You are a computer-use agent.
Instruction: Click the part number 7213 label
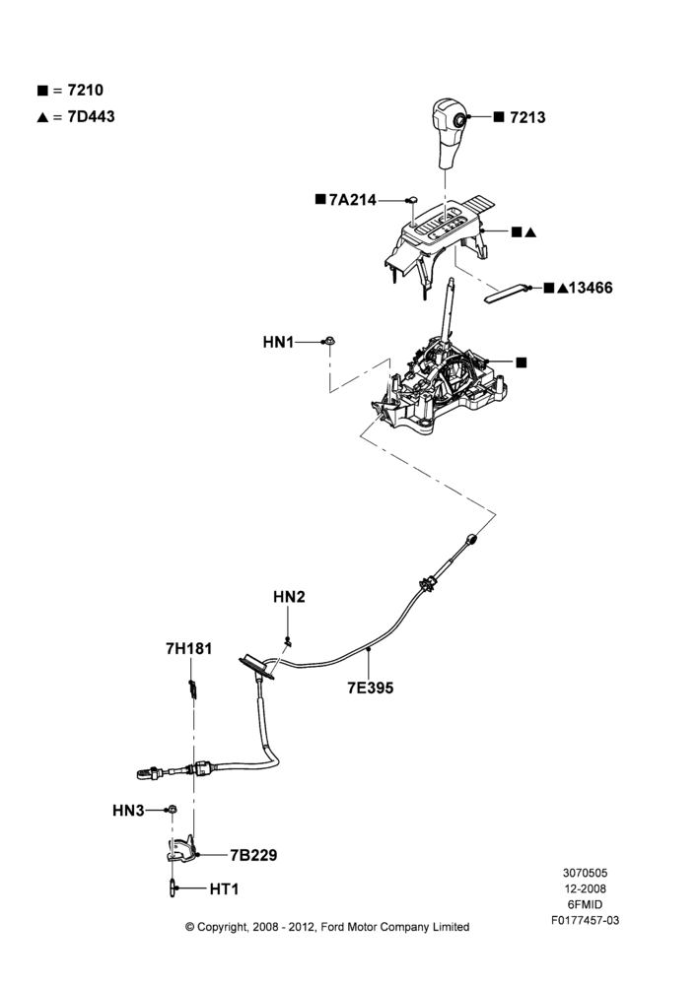527,117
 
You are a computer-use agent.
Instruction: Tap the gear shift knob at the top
451,133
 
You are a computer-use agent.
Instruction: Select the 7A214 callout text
352,200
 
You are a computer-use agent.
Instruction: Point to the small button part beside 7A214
412,200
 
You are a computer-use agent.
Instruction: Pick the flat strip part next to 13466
506,293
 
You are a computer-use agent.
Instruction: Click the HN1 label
278,343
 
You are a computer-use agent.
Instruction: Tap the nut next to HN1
329,342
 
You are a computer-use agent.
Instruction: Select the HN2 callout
289,597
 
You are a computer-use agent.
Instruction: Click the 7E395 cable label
371,688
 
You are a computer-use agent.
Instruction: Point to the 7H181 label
188,648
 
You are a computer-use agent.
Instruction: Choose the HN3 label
128,811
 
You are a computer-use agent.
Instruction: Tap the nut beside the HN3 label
172,810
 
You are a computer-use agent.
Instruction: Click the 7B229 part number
253,855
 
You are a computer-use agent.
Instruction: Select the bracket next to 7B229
181,850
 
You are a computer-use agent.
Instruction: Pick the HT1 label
224,888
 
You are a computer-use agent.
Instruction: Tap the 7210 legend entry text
85,90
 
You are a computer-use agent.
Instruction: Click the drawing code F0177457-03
585,920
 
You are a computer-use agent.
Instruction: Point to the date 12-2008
585,888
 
